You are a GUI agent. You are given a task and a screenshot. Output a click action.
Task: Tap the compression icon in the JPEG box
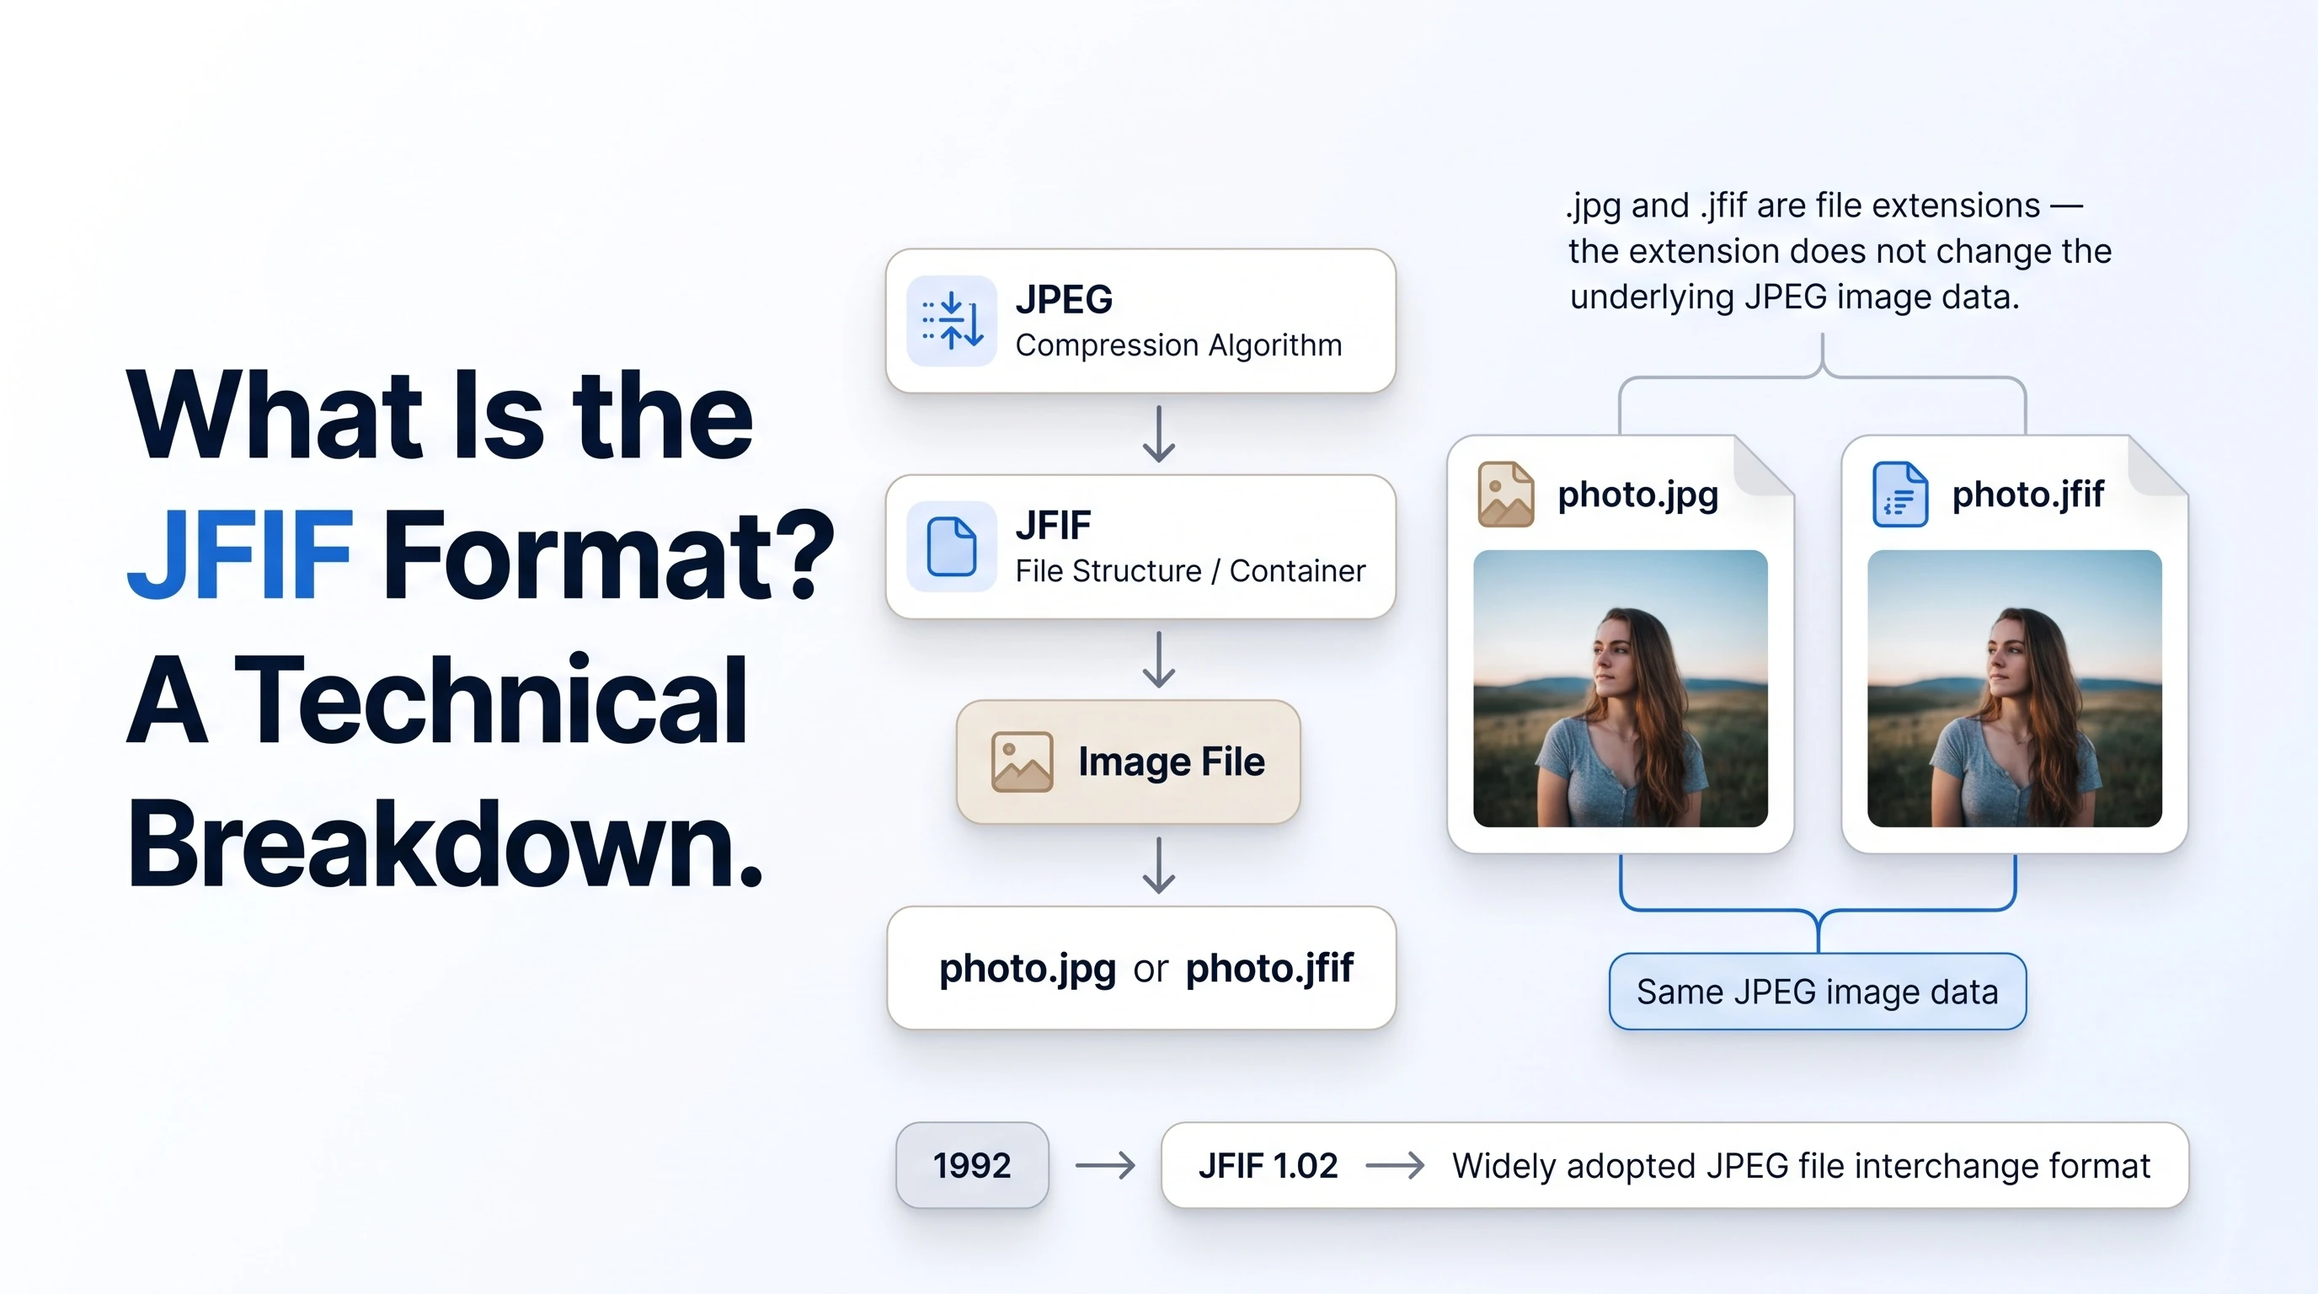pos(952,320)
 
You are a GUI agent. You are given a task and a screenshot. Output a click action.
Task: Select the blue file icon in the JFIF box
pos(951,546)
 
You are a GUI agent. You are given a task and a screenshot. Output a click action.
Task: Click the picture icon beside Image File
pos(1022,762)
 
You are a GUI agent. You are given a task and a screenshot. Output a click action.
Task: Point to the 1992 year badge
pos(972,1165)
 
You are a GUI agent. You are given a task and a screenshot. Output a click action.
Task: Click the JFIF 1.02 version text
pos(1268,1165)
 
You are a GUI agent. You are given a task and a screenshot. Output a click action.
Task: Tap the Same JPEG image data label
pos(1818,992)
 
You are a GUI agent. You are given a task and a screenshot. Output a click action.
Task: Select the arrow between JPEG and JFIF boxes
pos(1159,434)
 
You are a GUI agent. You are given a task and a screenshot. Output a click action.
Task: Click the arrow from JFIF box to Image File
pos(1159,660)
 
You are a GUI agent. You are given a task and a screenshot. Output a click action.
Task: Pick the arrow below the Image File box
pos(1159,864)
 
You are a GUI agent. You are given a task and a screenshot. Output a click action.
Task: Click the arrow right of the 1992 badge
pos(1105,1166)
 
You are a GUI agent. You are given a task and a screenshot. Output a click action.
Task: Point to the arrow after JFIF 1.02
pos(1395,1166)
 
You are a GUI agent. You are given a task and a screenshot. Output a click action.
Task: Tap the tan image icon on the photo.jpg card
pos(1505,494)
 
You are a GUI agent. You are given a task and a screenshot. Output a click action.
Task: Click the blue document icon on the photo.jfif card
pos(1899,494)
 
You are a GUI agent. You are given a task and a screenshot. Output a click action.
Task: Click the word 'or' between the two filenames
pos(1150,970)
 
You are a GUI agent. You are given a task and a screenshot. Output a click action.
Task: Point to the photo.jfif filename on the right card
pos(2028,495)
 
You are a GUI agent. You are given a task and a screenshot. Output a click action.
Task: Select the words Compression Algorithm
pos(1179,345)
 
